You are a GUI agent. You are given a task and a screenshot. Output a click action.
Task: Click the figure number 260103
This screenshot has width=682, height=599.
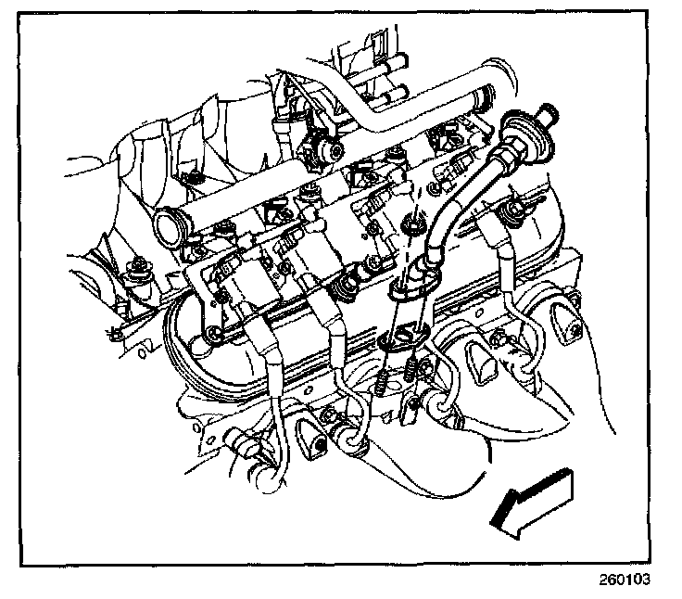point(625,580)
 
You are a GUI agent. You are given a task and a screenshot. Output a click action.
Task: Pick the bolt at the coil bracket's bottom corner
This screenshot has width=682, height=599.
point(213,333)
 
